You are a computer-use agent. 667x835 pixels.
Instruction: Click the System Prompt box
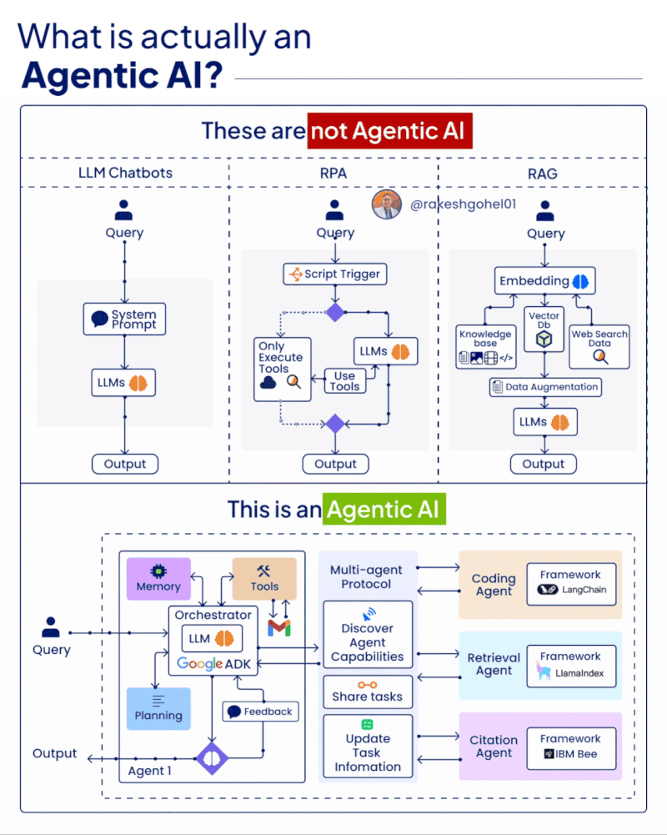tap(124, 319)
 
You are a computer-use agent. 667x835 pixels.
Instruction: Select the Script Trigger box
tap(335, 274)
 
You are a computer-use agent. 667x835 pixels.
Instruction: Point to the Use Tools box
tap(344, 381)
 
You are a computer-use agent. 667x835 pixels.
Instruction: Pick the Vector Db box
tap(544, 328)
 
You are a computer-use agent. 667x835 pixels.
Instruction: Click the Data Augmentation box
tap(544, 387)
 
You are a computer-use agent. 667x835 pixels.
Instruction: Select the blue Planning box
tap(158, 708)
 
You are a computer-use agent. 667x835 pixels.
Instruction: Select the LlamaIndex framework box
tap(570, 665)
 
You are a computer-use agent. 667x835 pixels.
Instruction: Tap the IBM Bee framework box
tap(570, 747)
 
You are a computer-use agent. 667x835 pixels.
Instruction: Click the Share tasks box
tap(367, 691)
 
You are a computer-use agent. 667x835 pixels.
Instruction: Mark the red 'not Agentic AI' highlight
tap(389, 131)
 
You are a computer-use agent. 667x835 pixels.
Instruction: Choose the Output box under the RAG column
tap(543, 464)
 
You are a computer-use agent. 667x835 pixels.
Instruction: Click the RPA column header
tap(333, 174)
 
